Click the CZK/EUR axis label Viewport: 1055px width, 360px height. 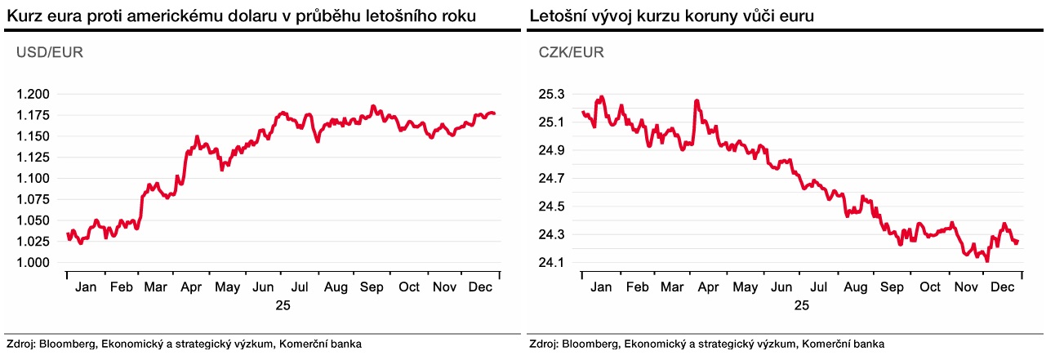pyautogui.click(x=571, y=53)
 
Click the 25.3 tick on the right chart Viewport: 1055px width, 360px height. pyautogui.click(x=552, y=95)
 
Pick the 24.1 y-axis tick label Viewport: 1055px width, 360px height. pyautogui.click(x=552, y=263)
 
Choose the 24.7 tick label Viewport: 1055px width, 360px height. pyautogui.click(x=552, y=179)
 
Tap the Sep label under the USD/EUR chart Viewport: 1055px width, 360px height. pyautogui.click(x=372, y=287)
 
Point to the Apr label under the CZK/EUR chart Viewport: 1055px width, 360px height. pyautogui.click(x=709, y=287)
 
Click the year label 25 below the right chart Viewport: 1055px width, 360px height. pyautogui.click(x=801, y=305)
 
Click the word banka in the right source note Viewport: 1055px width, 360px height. pyautogui.click(x=868, y=344)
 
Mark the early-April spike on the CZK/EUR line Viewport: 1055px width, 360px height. pyautogui.click(x=697, y=100)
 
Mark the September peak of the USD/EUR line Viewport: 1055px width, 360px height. pyautogui.click(x=372, y=106)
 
